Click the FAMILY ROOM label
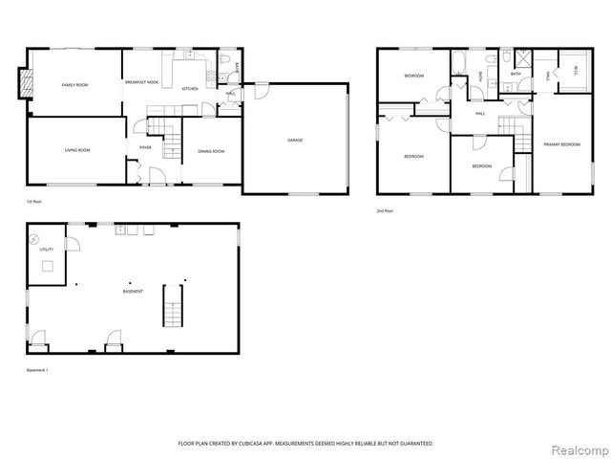tap(74, 86)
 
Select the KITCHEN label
tap(190, 89)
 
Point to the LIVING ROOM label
tap(77, 150)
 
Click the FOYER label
tap(145, 148)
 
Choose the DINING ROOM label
tap(211, 151)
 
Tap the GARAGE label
tap(296, 141)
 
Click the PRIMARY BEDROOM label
tap(562, 144)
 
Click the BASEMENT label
tap(133, 291)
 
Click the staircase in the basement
tap(173, 305)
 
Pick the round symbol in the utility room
tap(35, 237)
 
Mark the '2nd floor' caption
tap(386, 210)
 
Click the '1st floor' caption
tap(34, 203)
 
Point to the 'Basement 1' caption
tap(38, 370)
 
